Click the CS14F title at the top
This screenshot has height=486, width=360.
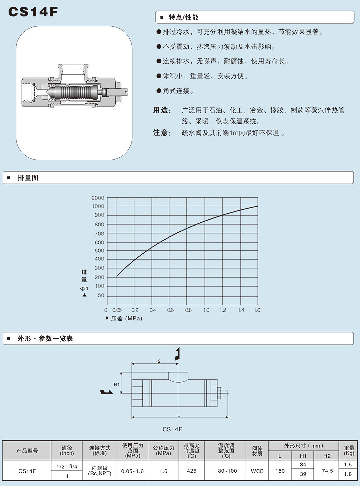coord(34,12)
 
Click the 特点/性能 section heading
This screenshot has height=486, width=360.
coord(184,17)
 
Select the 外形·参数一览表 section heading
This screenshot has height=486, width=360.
coord(45,338)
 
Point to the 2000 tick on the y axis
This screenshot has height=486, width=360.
coord(98,198)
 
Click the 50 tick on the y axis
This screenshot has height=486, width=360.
coord(100,295)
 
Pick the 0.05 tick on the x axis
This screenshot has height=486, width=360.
coord(117,310)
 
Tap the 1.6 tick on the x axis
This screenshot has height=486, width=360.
coord(257,310)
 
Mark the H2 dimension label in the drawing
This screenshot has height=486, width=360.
coord(157,361)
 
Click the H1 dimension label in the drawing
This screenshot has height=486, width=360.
coord(116,384)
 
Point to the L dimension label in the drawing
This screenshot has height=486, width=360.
coord(179,414)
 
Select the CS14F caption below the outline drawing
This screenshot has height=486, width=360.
coord(173,429)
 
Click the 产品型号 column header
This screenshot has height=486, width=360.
coord(27,450)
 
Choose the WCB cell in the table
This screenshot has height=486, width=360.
coord(257,470)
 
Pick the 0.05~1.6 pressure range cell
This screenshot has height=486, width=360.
coord(133,470)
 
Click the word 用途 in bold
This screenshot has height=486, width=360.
coord(162,110)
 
